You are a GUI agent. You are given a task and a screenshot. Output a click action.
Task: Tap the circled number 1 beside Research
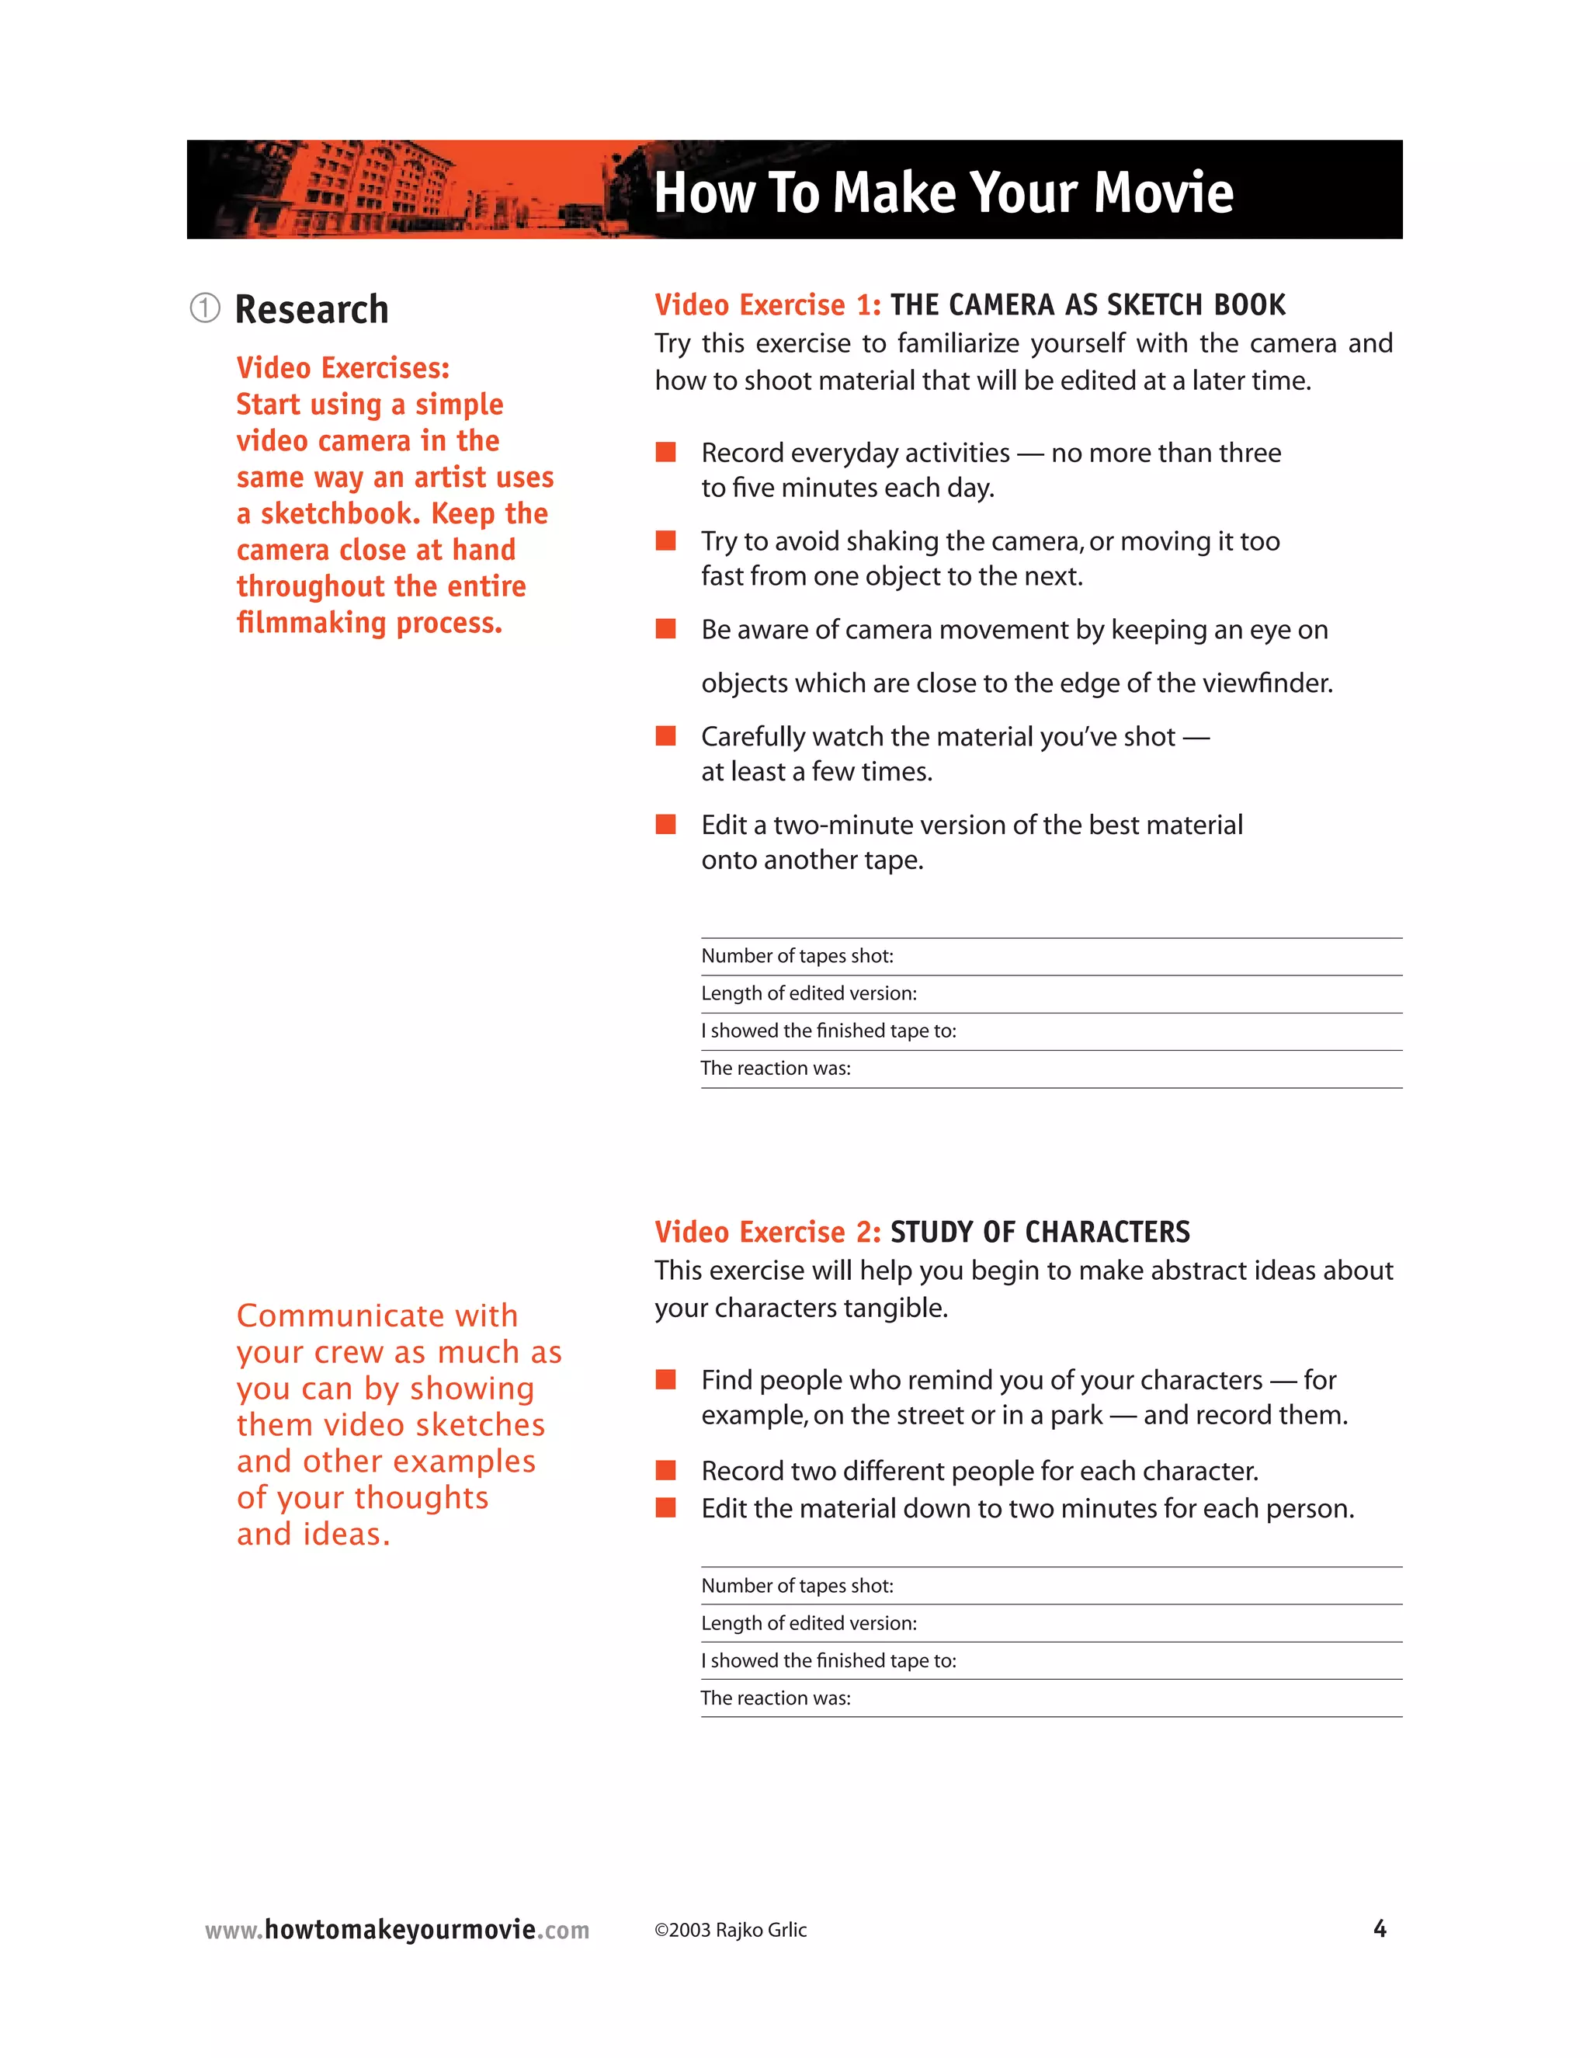click(204, 308)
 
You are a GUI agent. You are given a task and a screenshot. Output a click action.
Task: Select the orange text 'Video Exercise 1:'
click(767, 305)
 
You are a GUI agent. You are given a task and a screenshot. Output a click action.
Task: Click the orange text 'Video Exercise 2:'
click(767, 1232)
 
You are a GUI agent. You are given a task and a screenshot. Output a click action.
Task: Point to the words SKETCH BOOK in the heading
click(1196, 305)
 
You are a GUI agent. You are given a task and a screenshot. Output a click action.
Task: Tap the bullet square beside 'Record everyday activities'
click(666, 452)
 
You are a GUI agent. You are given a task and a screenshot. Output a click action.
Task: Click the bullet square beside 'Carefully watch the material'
click(666, 736)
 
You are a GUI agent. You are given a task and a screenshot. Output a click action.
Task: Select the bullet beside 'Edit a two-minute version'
click(666, 825)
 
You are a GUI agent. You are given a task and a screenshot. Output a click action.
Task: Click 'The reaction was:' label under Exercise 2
click(776, 1698)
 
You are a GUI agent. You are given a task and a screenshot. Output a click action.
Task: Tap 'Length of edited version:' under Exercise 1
click(808, 993)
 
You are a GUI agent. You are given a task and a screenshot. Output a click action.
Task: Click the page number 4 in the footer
click(1379, 1929)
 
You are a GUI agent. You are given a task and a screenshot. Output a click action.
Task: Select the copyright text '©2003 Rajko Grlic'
click(730, 1930)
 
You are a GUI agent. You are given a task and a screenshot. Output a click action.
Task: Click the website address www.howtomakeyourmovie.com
click(397, 1930)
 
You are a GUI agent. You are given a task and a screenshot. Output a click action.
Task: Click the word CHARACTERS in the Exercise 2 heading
click(1107, 1232)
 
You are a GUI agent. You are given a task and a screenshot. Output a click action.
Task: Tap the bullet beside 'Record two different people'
click(666, 1471)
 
